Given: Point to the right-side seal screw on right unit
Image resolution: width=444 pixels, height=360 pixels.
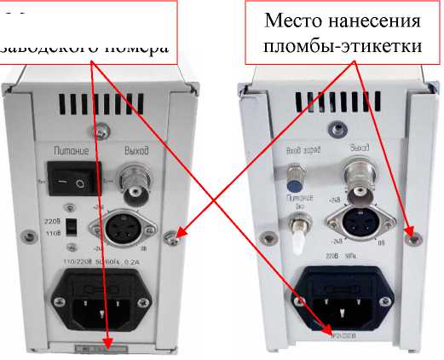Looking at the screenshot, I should pos(411,232).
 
